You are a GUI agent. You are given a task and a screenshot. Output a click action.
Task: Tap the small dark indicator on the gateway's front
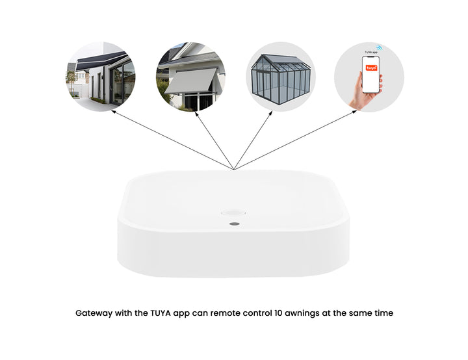click(x=234, y=224)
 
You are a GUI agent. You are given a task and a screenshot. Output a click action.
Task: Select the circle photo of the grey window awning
click(x=190, y=77)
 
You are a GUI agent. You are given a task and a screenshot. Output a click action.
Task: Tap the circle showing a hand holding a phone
click(x=369, y=77)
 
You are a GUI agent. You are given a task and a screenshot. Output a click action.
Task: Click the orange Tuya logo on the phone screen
click(x=370, y=68)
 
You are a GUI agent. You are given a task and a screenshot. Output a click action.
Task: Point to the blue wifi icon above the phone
click(x=379, y=47)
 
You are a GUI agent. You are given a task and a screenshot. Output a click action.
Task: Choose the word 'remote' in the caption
click(x=229, y=313)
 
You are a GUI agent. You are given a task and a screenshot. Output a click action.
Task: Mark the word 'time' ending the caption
click(x=383, y=313)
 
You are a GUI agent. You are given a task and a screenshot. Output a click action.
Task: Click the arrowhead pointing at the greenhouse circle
click(x=270, y=112)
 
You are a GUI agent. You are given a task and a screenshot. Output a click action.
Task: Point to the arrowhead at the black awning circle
click(x=113, y=111)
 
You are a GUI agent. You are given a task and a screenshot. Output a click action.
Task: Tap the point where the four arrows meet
click(x=233, y=170)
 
